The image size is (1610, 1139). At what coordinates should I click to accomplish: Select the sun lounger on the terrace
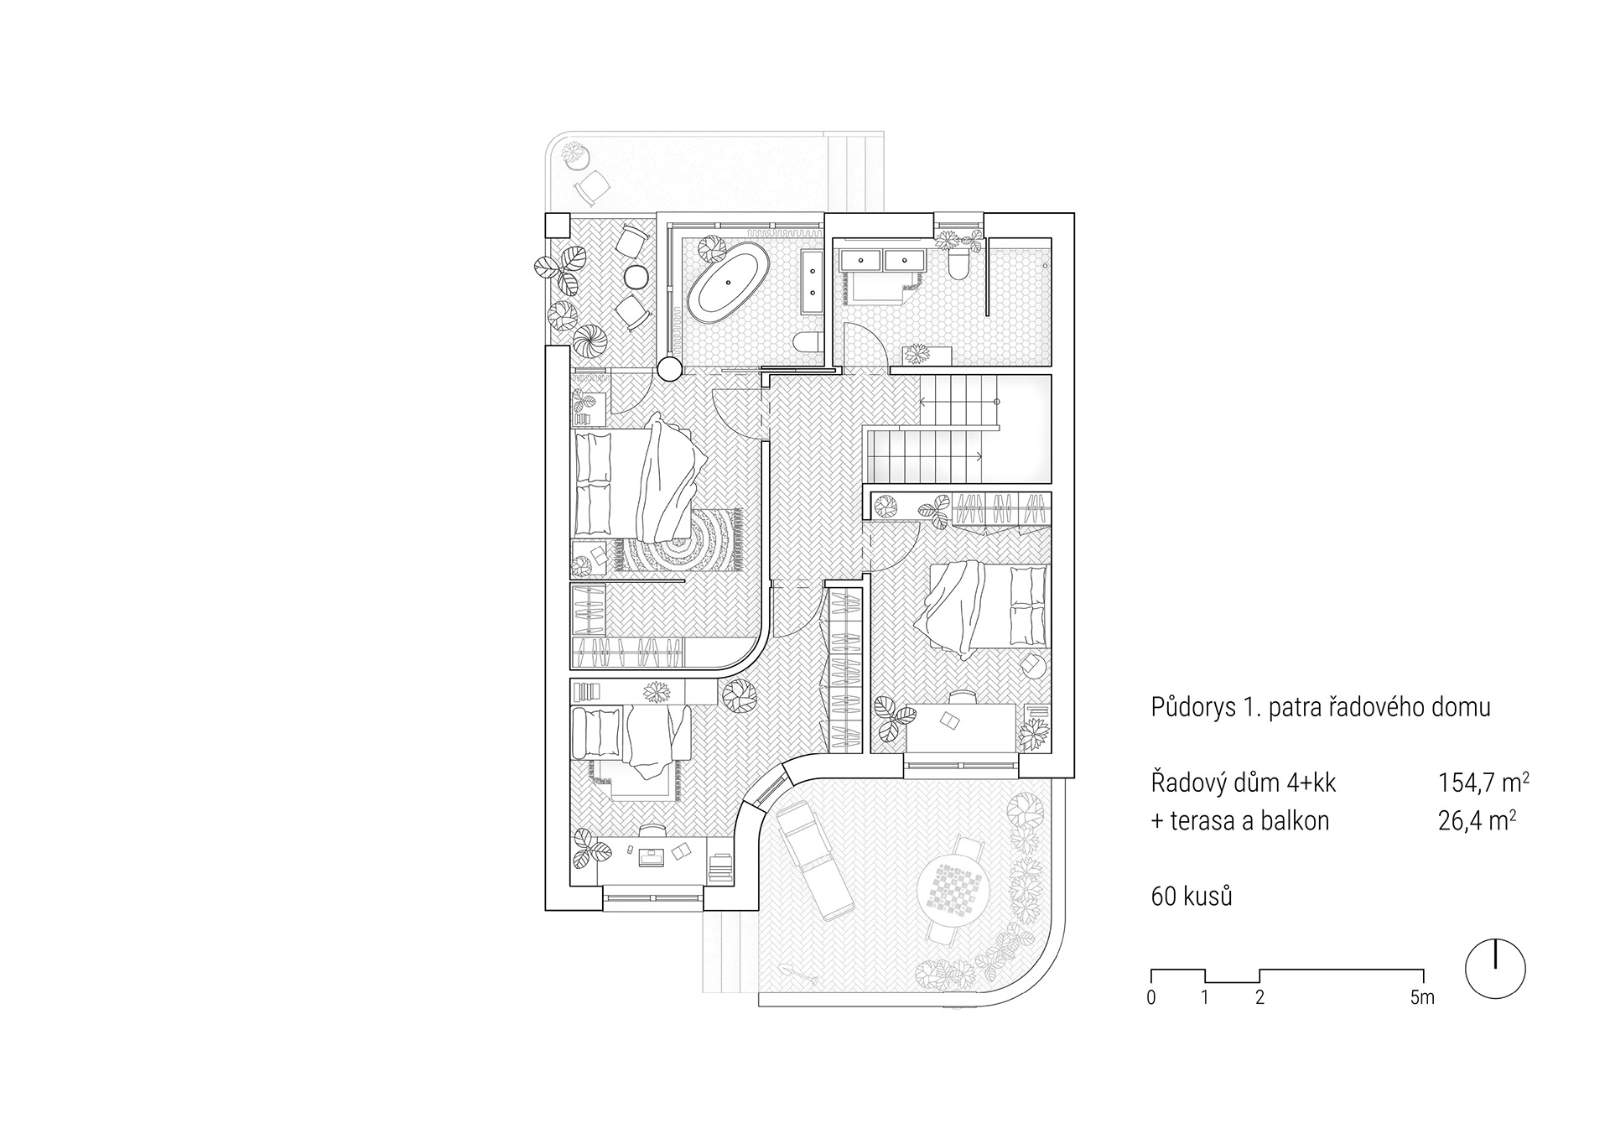(814, 860)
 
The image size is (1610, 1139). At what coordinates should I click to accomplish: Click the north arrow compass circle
(1495, 968)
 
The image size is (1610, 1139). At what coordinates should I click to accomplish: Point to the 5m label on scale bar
(1422, 998)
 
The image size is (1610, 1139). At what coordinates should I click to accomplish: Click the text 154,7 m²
(1483, 783)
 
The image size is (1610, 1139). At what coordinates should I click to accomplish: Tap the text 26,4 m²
(1476, 820)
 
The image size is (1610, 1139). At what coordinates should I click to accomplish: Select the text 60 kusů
(1192, 897)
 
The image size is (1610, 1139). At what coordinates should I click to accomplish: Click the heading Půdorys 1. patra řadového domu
(1321, 707)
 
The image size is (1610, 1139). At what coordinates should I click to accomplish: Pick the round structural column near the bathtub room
(668, 368)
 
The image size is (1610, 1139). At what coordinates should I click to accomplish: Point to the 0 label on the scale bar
(1151, 998)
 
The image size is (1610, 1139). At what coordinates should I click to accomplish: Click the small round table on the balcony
(636, 276)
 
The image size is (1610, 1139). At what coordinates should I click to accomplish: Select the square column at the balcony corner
(558, 225)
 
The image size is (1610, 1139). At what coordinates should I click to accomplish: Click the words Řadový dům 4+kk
(1244, 783)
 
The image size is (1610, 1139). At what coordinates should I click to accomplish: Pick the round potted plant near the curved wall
(739, 695)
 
